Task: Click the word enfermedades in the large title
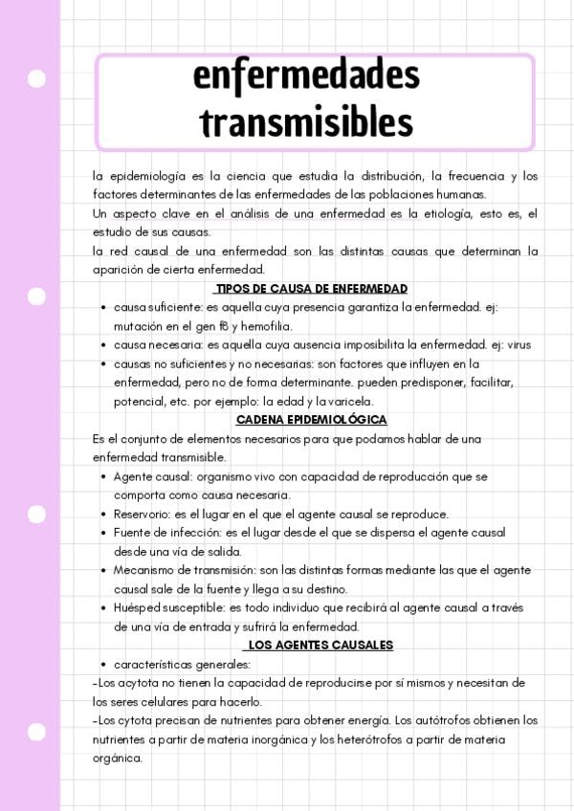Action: [306, 75]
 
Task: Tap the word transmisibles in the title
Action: [306, 123]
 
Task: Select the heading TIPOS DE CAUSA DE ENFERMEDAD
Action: [312, 289]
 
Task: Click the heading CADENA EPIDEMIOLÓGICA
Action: [312, 420]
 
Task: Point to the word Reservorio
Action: [143, 514]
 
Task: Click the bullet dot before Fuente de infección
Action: [103, 533]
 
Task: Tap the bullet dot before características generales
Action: [103, 665]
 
